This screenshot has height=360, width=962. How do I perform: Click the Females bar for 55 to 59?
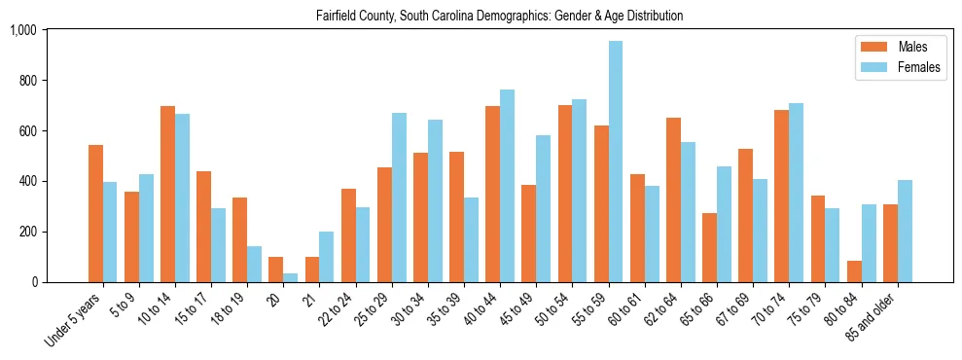[616, 162]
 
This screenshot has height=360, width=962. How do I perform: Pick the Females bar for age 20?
[291, 277]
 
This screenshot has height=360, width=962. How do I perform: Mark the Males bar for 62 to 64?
[673, 200]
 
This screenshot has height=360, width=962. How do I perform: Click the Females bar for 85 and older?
[905, 232]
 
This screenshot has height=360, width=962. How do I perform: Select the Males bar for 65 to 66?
[709, 248]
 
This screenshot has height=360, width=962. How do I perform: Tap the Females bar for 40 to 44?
[508, 186]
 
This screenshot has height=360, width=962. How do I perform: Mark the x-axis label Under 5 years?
[74, 318]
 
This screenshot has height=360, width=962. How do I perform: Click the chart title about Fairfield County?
[499, 16]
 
